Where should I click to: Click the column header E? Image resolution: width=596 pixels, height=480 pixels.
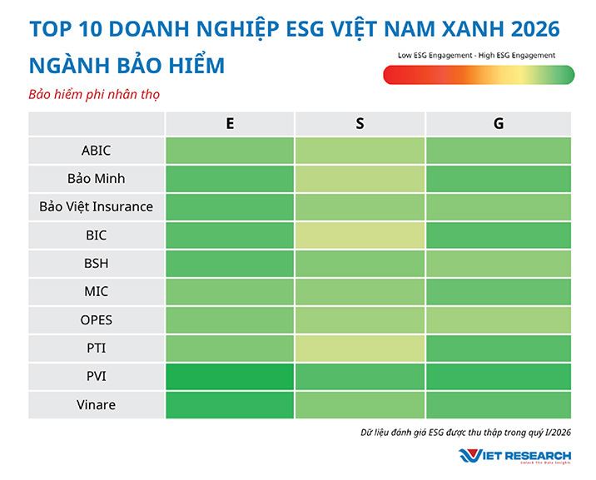coord(230,123)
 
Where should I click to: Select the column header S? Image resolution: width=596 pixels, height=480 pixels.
coord(360,123)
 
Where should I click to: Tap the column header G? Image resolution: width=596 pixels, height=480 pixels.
coord(498,123)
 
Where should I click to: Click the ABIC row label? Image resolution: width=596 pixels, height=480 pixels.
coord(97,151)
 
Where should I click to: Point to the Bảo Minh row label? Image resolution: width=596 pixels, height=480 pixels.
coord(97,179)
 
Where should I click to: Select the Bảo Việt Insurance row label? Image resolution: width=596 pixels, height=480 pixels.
coord(97,206)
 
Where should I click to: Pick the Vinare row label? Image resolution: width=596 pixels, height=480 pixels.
coord(97,404)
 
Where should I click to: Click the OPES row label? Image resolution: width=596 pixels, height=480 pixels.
coord(97,319)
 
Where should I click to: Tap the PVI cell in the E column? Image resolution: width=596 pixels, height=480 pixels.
coord(230,376)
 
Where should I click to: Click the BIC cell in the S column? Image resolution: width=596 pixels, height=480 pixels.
coord(360,235)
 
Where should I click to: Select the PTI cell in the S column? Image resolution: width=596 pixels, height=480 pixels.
coord(360,348)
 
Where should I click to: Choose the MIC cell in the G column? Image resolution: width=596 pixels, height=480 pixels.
coord(498,292)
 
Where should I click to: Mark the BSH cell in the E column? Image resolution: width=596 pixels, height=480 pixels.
coord(230,264)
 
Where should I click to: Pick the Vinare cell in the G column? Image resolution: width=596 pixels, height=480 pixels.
coord(498,404)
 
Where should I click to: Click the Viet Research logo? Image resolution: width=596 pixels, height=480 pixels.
coord(514,456)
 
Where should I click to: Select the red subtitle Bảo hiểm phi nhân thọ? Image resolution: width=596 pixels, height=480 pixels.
coord(93,94)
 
